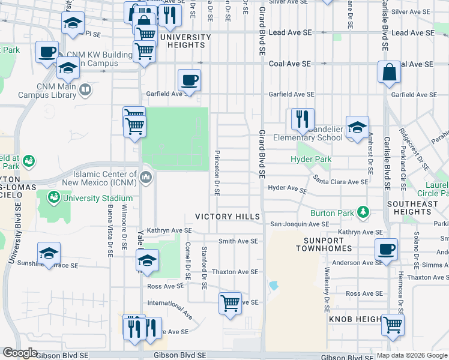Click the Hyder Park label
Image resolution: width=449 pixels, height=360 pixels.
[310, 160]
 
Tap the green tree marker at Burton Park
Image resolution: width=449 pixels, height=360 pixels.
[363, 212]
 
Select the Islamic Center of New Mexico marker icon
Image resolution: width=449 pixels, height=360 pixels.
[146, 178]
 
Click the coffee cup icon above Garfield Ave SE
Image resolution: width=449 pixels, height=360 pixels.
[189, 80]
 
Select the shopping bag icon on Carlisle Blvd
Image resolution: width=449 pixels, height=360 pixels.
[390, 71]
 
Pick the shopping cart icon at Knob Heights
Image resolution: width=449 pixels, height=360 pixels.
[393, 325]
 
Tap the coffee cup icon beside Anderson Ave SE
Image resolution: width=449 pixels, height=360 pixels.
[386, 248]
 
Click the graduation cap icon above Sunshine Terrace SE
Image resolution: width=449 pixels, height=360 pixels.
[49, 253]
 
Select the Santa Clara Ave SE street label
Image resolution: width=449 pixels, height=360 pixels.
[340, 181]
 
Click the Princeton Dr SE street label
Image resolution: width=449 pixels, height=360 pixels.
[217, 173]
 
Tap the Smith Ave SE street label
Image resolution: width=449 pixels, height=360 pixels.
[238, 241]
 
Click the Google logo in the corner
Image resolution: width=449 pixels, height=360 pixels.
[20, 353]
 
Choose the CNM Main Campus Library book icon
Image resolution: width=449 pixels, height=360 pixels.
[86, 91]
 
